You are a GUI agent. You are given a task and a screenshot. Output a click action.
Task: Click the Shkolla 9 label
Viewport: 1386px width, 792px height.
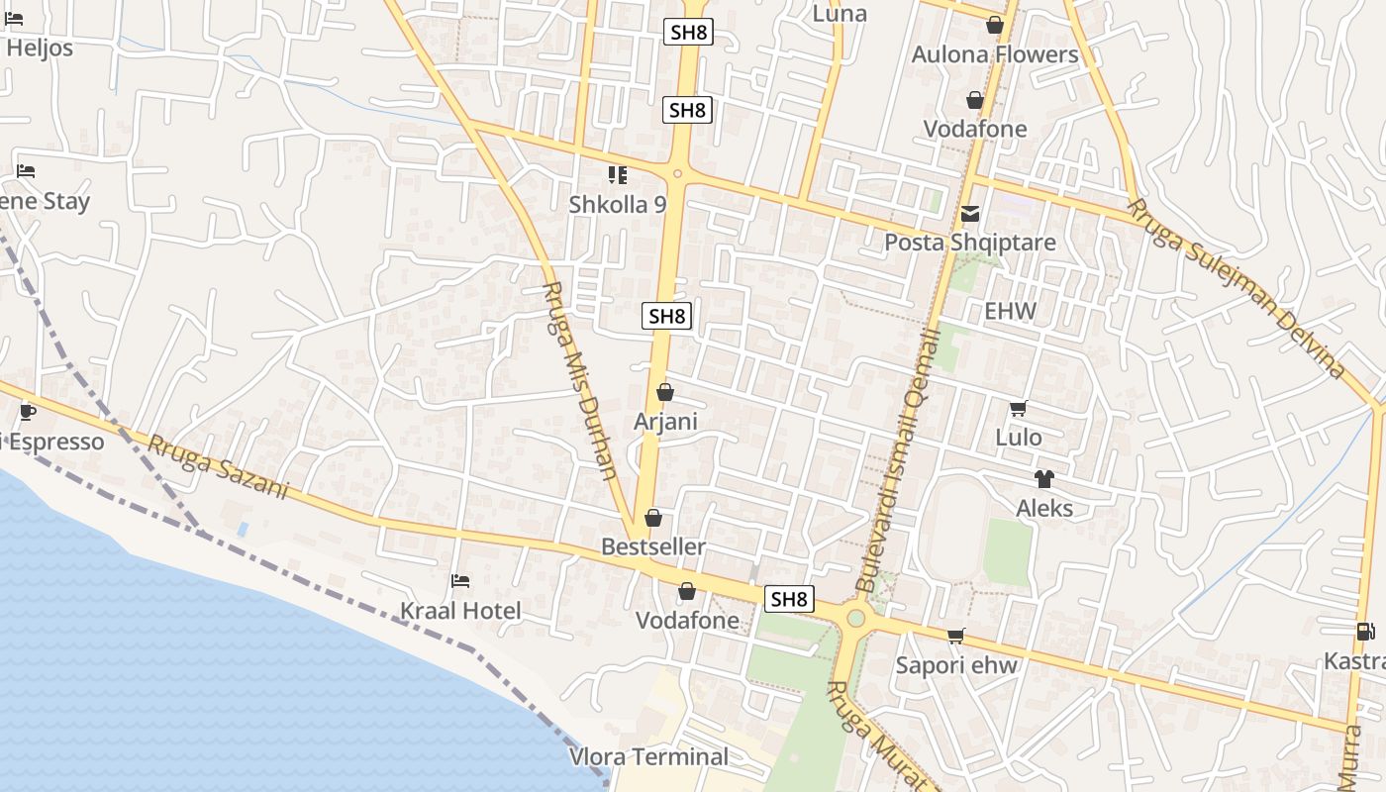618,204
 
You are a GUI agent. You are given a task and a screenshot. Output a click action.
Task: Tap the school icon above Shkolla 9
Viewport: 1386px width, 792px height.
618,176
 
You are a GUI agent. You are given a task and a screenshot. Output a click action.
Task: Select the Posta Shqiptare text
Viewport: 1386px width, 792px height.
969,243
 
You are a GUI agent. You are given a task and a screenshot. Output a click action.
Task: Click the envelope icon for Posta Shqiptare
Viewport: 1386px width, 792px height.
969,214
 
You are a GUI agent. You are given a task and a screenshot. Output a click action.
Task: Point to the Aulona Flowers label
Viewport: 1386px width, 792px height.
995,54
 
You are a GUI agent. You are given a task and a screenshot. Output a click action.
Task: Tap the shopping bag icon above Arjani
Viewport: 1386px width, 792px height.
665,393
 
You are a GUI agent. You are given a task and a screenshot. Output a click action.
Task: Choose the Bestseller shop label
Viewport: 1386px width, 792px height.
653,546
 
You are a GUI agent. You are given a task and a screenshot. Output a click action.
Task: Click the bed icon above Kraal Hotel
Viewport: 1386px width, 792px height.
460,581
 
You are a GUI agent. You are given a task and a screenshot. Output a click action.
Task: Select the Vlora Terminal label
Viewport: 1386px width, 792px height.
648,757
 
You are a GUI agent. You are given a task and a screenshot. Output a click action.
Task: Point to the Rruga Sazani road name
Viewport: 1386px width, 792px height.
218,466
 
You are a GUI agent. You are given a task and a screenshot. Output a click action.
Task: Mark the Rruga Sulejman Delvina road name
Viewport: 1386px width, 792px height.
1237,288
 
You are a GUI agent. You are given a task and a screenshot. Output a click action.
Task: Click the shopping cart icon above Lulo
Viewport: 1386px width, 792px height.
1018,408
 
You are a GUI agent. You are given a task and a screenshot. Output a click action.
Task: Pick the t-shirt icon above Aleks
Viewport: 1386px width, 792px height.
1043,479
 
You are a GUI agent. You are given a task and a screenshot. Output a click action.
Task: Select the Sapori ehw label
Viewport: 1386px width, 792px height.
956,665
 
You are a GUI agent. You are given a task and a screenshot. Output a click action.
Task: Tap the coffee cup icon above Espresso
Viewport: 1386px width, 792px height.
28,412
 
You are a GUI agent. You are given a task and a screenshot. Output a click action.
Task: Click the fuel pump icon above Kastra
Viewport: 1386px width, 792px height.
1364,632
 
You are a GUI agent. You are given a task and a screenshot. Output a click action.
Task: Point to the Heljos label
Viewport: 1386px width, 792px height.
40,48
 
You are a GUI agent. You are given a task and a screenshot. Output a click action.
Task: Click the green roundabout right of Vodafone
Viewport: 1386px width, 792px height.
855,619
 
